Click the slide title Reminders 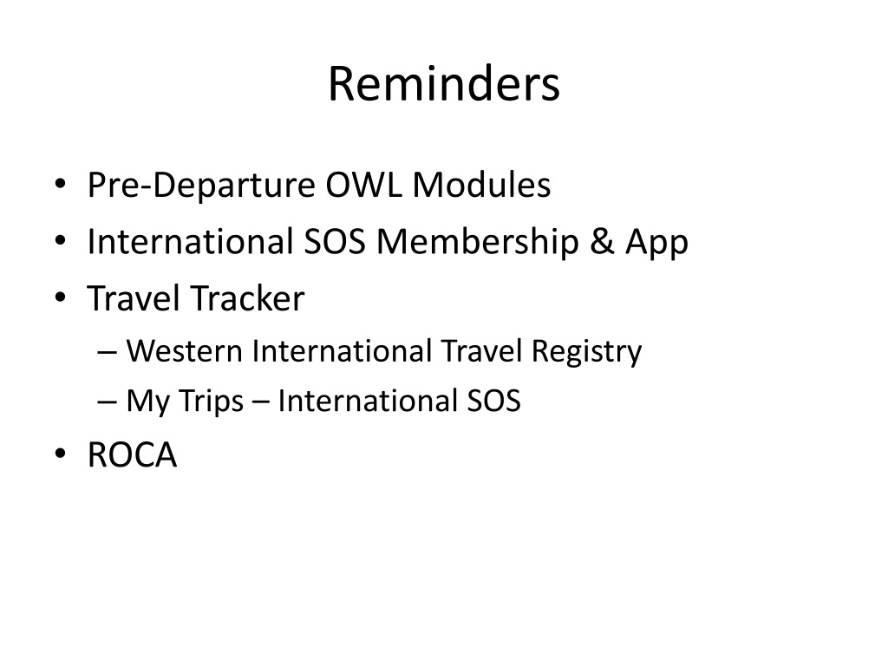(444, 84)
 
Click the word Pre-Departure (201, 186)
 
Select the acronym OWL (363, 185)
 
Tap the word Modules (481, 185)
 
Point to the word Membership (478, 241)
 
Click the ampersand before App (602, 242)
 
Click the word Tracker (247, 298)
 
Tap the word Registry (586, 352)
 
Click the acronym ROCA (132, 454)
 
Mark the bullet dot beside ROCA (61, 454)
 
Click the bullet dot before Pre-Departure (61, 185)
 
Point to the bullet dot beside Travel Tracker (61, 298)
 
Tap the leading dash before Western (107, 352)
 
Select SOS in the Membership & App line (335, 241)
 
